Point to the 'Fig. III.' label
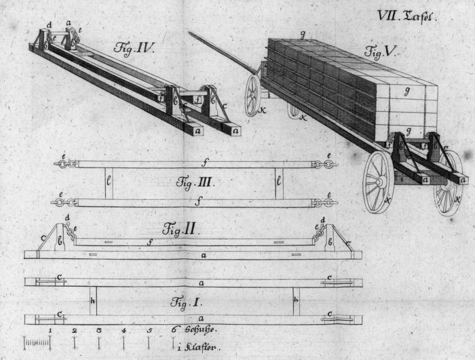(x=195, y=182)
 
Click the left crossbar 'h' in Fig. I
(x=93, y=300)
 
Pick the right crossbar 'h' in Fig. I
(x=296, y=300)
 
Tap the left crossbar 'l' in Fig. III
(x=109, y=183)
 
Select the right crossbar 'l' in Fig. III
(x=278, y=183)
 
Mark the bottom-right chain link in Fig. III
(x=322, y=202)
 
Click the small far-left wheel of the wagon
(x=253, y=95)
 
